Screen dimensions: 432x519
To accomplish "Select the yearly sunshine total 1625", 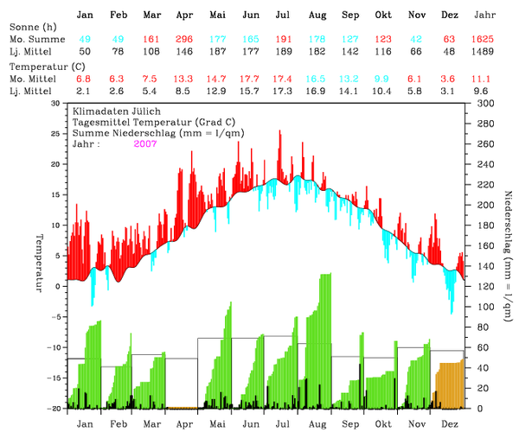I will tap(486, 41).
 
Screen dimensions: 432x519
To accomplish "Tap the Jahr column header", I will tap(486, 16).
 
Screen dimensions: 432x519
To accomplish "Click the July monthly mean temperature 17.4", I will tap(282, 78).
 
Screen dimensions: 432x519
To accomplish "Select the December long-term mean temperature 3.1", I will tap(450, 90).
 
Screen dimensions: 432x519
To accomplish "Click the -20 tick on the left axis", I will tap(56, 408).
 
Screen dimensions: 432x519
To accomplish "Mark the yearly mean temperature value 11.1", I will tap(486, 78).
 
